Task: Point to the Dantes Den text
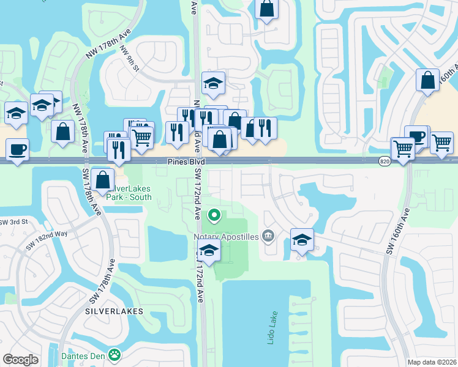[83, 355]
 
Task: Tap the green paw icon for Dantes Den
[114, 354]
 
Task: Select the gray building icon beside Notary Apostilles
[268, 236]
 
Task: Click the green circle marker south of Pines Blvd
[214, 215]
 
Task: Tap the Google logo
[20, 360]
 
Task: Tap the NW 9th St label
[130, 59]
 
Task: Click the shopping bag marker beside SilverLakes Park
[103, 180]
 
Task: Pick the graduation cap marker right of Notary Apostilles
[302, 240]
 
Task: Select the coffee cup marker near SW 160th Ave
[416, 137]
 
